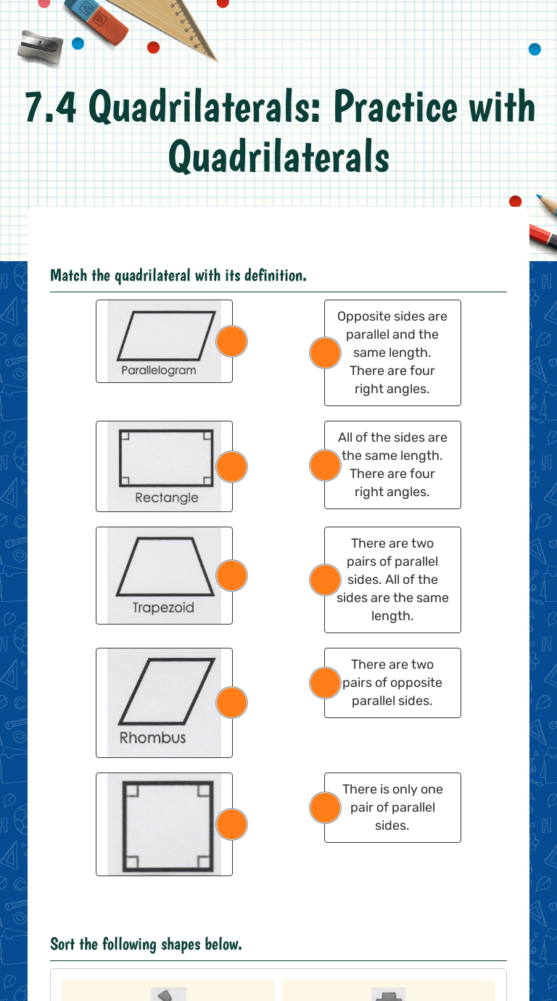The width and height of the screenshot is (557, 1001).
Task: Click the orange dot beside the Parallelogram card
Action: [x=232, y=341]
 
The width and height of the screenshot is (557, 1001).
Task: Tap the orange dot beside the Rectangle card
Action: [x=232, y=466]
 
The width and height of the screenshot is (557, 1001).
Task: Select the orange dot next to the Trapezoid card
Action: [x=232, y=575]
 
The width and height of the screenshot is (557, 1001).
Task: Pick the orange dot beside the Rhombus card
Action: [x=232, y=702]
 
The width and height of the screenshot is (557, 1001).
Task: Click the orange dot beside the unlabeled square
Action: [x=232, y=824]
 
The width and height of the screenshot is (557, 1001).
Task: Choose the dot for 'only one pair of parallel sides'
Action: [x=325, y=807]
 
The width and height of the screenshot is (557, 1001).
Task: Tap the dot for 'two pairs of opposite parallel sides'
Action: [x=325, y=683]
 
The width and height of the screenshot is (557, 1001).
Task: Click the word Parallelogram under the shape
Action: [x=158, y=370]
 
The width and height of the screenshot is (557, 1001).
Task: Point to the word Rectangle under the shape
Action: [x=166, y=498]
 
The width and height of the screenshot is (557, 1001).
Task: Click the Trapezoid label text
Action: [x=163, y=608]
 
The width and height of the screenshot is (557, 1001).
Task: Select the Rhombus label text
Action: [x=152, y=738]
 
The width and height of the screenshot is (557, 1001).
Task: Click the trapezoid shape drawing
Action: [x=165, y=567]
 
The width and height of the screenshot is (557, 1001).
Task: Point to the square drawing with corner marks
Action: [x=167, y=825]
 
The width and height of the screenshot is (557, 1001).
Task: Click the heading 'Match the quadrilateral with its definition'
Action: [x=178, y=276]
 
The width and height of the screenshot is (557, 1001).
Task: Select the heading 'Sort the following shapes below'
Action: [x=145, y=944]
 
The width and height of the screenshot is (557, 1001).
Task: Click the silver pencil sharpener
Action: [x=40, y=46]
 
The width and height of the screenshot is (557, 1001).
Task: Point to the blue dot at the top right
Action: [x=535, y=49]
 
